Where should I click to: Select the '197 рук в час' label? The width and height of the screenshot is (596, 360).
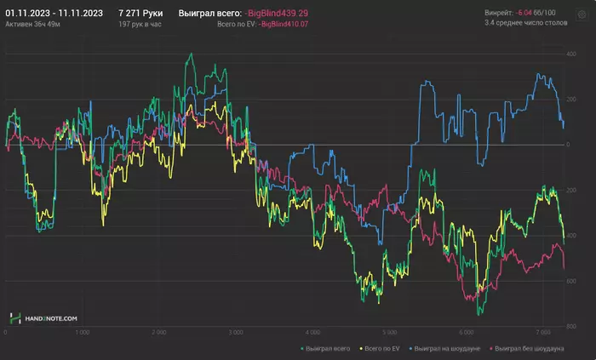(140, 25)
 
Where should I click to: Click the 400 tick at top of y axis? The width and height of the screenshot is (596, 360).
(571, 54)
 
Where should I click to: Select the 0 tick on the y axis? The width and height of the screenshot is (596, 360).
(567, 145)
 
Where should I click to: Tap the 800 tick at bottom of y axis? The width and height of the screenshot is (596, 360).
(571, 326)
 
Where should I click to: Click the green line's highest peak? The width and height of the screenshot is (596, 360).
(190, 54)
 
